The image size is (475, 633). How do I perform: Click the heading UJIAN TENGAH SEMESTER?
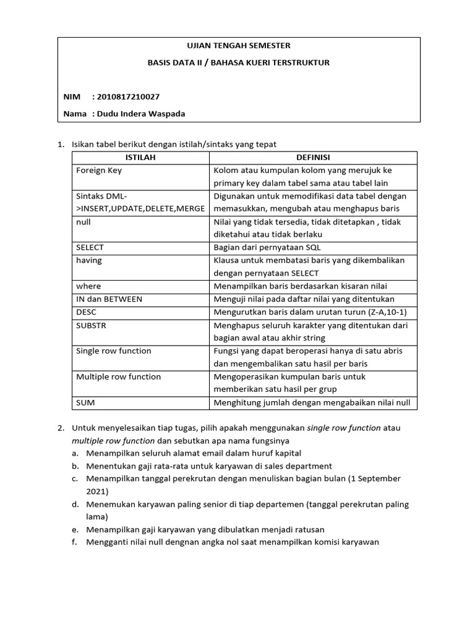(238, 46)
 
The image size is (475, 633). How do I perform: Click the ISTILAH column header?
(140, 158)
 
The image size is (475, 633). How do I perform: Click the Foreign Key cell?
(98, 171)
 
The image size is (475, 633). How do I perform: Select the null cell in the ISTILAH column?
(83, 222)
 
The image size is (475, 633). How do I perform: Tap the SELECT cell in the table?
(90, 248)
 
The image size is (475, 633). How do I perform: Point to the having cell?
(88, 260)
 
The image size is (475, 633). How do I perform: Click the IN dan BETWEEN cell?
(109, 299)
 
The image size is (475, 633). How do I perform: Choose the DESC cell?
(87, 312)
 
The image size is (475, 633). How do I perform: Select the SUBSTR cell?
(91, 325)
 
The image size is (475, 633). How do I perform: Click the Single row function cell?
(113, 351)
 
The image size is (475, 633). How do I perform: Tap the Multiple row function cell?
(118, 377)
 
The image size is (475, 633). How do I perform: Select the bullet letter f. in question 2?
(75, 543)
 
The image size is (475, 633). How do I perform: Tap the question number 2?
(61, 428)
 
